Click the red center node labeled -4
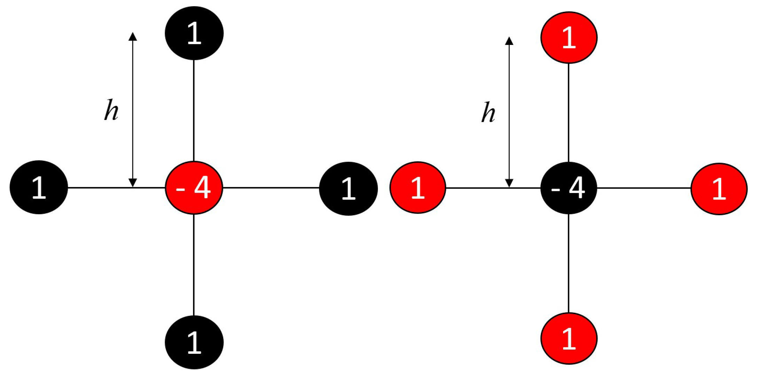[194, 187]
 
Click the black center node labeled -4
[568, 188]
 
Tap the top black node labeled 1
[194, 33]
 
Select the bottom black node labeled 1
[194, 342]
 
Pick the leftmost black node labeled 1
[39, 187]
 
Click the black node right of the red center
[348, 189]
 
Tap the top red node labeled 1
[569, 38]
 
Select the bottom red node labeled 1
[569, 338]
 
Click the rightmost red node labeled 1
[719, 189]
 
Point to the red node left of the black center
[418, 187]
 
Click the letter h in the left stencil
[111, 111]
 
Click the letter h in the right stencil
[488, 113]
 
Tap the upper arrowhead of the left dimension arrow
[133, 37]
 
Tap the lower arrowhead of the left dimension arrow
[133, 183]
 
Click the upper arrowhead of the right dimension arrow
[509, 41]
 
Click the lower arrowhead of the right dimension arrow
[509, 183]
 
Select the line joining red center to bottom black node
[194, 264]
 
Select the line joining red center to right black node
[271, 188]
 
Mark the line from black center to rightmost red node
[644, 188]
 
